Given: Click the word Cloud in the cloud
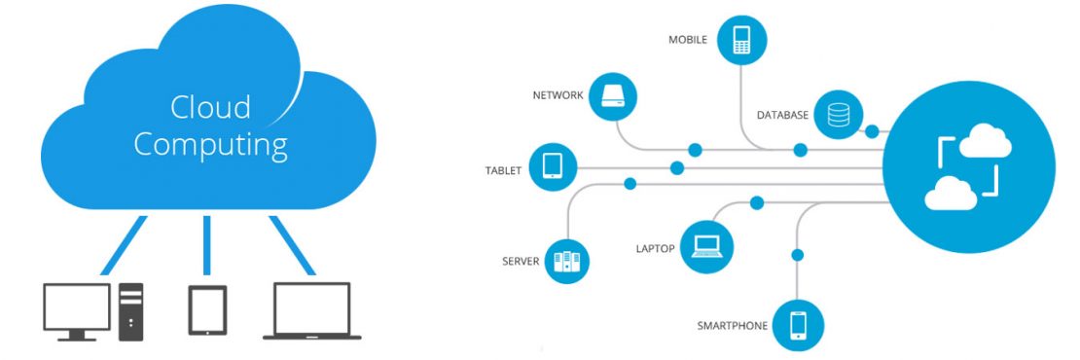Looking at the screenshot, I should pyautogui.click(x=210, y=106).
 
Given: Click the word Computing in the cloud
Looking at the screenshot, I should pyautogui.click(x=210, y=145).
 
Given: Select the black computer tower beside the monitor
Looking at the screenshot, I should pyautogui.click(x=130, y=311).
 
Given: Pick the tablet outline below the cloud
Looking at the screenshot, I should pyautogui.click(x=207, y=309).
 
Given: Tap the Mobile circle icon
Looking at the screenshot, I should pyautogui.click(x=742, y=40).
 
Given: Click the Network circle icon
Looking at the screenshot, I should pyautogui.click(x=616, y=95).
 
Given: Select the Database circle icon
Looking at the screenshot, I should pyautogui.click(x=838, y=116).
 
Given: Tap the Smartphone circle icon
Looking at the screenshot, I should pyautogui.click(x=799, y=324).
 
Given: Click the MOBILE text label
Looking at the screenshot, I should pyautogui.click(x=687, y=41).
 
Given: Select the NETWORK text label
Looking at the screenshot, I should pyautogui.click(x=558, y=96).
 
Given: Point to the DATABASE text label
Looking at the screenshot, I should pyautogui.click(x=782, y=116).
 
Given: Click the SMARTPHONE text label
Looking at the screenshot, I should pyautogui.click(x=731, y=325).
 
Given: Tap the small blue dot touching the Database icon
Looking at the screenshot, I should pyautogui.click(x=872, y=131).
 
